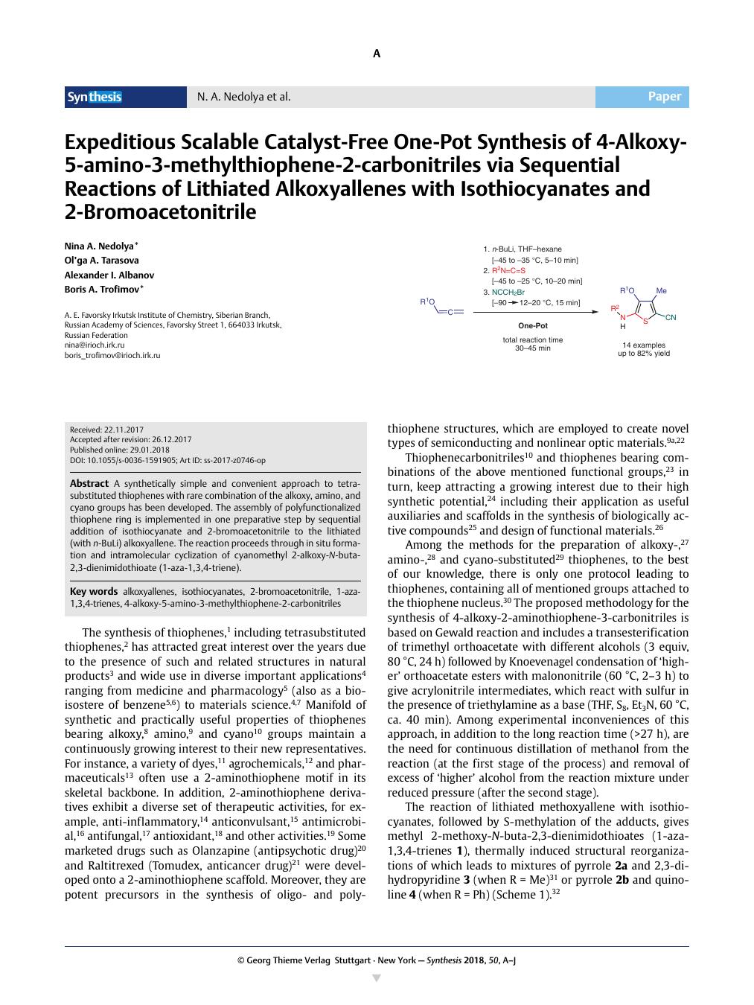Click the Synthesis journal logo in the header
95,97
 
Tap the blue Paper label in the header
664,97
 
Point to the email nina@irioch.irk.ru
95,345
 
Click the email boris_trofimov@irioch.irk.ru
112,356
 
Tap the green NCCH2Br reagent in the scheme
508,292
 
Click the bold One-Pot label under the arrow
533,325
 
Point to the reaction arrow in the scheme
535,312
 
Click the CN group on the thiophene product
671,318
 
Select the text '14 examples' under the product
644,345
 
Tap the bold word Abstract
89,484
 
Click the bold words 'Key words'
93,592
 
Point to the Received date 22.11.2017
106,430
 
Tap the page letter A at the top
377,54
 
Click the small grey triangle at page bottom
376,978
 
